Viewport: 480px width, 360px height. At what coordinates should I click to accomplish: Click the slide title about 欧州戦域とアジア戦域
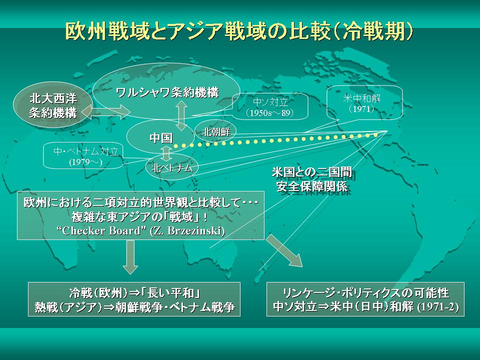239,31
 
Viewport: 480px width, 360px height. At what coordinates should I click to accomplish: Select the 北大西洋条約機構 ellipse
52,104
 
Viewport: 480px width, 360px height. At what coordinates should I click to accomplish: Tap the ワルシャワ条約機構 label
168,92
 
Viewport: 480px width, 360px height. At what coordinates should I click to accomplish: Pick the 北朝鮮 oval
216,132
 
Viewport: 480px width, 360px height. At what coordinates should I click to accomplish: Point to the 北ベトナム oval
171,167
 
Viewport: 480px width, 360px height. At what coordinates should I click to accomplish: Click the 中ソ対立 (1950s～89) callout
270,106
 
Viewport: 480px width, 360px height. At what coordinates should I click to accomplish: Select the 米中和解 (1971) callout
364,103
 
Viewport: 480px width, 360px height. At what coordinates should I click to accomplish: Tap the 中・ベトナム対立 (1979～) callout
83,155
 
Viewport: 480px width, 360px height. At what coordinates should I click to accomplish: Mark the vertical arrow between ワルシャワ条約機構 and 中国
181,116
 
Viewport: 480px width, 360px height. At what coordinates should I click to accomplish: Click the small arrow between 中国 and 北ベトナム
166,153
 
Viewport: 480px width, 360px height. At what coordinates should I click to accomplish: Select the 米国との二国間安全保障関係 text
312,179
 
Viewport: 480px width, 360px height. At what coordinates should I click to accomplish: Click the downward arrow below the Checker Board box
130,257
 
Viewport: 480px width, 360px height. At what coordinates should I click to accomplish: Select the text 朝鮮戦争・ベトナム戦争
175,307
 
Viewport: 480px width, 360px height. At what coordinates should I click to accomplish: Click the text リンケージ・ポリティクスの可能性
365,293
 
